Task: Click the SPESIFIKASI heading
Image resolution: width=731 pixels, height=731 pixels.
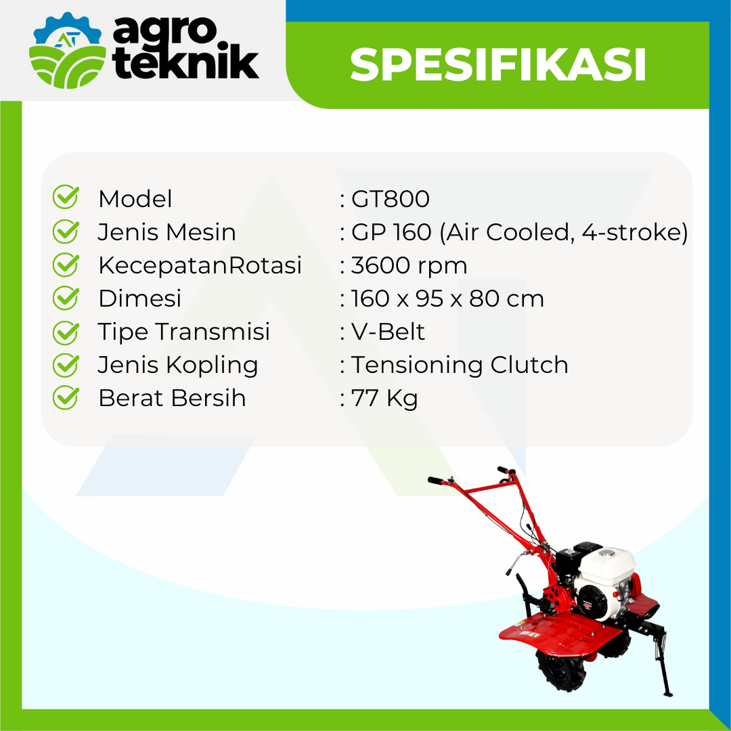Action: point(498,64)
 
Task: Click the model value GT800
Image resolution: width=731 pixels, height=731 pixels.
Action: point(391,199)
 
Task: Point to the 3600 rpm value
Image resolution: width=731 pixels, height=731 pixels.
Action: point(409,266)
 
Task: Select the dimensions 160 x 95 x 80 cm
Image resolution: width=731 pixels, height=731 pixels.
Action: point(447,299)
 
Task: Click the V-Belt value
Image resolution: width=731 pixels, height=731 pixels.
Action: point(388,332)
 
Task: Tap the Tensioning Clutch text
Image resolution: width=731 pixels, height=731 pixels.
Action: point(460,365)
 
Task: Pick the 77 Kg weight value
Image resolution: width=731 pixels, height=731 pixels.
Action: point(384,399)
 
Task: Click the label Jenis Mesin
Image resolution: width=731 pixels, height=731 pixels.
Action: point(167,232)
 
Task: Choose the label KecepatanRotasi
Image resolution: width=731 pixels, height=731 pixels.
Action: point(200,266)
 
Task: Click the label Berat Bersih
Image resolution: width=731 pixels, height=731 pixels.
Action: point(172,398)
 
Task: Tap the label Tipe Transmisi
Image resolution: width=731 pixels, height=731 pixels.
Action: point(183,332)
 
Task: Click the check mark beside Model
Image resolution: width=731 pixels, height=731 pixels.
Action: point(66,197)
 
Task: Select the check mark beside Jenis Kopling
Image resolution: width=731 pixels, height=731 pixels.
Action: point(66,365)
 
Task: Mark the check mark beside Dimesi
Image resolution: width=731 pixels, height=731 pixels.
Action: point(66,298)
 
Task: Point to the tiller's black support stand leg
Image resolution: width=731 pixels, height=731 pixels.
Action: point(662,662)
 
